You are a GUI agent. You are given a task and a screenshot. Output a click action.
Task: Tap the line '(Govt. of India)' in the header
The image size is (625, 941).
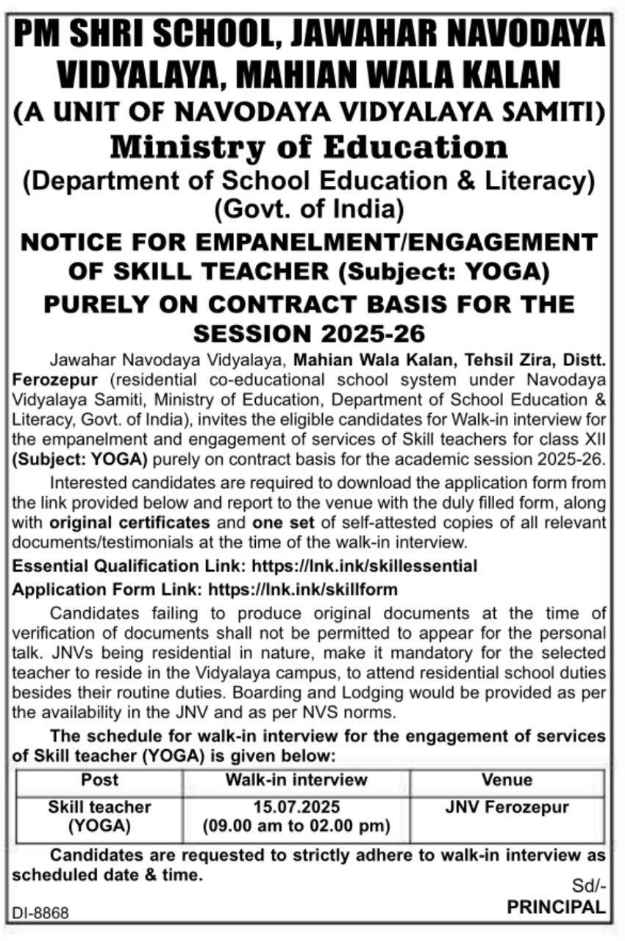click(x=309, y=210)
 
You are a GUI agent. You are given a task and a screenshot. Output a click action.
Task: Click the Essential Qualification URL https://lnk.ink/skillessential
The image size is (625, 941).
click(x=365, y=566)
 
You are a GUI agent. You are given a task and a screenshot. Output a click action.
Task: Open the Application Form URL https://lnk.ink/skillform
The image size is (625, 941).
click(x=303, y=589)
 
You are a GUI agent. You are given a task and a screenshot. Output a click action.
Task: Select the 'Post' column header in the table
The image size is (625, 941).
click(x=99, y=780)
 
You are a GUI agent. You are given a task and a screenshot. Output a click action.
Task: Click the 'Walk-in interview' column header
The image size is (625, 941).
click(x=296, y=780)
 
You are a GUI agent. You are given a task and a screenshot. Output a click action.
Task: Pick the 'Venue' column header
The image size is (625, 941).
click(x=507, y=780)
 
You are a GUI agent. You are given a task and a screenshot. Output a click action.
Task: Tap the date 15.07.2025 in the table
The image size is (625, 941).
click(x=296, y=807)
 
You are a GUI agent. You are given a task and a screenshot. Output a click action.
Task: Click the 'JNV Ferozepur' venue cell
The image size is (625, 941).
click(x=507, y=807)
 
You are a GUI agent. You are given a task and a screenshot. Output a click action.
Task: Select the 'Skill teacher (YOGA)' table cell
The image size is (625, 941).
click(x=99, y=816)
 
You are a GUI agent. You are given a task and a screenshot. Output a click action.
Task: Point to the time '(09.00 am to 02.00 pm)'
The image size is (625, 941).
click(x=296, y=826)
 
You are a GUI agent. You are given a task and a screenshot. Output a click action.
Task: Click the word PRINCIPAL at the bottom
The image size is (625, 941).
click(x=556, y=907)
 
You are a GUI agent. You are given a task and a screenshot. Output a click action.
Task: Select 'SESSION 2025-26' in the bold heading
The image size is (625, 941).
click(x=309, y=333)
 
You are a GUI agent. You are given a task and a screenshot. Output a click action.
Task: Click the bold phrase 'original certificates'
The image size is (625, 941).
click(x=130, y=523)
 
